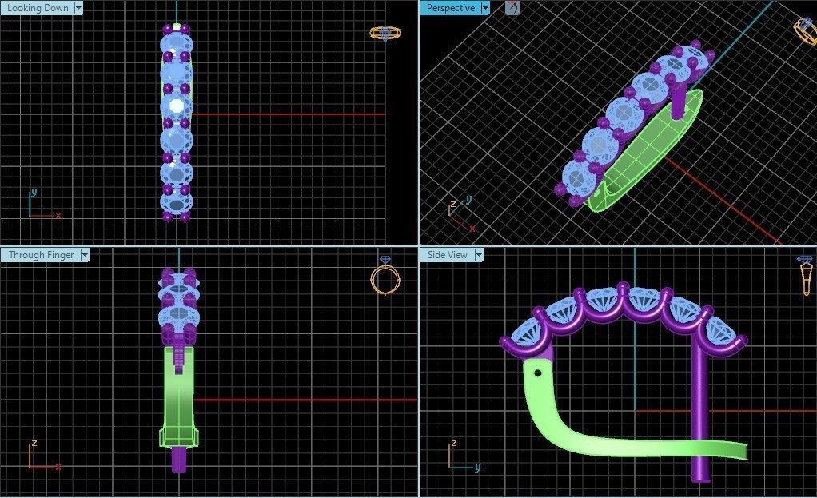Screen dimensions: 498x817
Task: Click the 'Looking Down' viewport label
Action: tap(38, 8)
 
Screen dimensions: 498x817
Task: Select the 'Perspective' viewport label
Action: tap(451, 8)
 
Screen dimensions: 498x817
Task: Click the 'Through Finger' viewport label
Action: tap(41, 255)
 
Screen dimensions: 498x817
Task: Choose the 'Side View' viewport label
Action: tap(447, 255)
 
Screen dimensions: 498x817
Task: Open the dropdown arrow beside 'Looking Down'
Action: tap(78, 8)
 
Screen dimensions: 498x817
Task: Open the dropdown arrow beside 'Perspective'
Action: tap(485, 8)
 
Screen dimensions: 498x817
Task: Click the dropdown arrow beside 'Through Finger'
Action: tap(84, 255)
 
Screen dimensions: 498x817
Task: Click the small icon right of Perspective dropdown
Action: tap(512, 8)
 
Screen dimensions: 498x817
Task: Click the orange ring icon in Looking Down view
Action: tap(385, 33)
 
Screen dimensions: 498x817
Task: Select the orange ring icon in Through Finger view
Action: tap(385, 277)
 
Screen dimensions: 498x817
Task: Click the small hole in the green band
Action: tap(538, 373)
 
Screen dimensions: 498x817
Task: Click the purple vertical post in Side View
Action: tap(700, 416)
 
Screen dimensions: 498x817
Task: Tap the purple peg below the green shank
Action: tap(179, 459)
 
